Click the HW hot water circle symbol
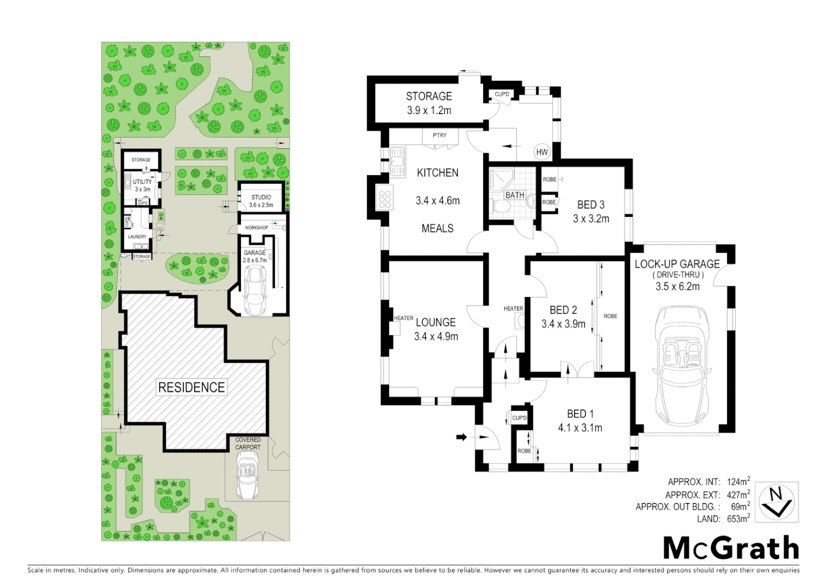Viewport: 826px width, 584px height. pyautogui.click(x=542, y=152)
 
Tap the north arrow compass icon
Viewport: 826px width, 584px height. pyautogui.click(x=776, y=502)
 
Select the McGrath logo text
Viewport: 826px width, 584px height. pyautogui.click(x=731, y=548)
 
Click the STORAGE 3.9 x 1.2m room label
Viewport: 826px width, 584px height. pyautogui.click(x=429, y=103)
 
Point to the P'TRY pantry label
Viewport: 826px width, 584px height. pyautogui.click(x=439, y=135)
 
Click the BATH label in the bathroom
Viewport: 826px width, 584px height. pyautogui.click(x=515, y=195)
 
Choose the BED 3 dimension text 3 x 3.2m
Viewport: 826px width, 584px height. pyautogui.click(x=591, y=219)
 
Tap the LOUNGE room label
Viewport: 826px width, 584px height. pyautogui.click(x=436, y=322)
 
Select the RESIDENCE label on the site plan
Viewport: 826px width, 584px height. pyautogui.click(x=191, y=387)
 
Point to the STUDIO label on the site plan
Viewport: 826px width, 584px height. pyautogui.click(x=261, y=197)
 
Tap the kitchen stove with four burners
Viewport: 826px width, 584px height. pyautogui.click(x=385, y=198)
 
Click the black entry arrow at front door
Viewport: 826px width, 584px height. pyautogui.click(x=462, y=437)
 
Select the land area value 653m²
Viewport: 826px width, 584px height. pyautogui.click(x=738, y=519)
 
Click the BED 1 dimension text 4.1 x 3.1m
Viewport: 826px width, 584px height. pyautogui.click(x=580, y=428)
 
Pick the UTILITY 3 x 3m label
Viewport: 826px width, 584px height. pyautogui.click(x=142, y=185)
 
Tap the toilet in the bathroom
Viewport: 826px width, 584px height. pyautogui.click(x=500, y=206)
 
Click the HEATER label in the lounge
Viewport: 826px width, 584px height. pyautogui.click(x=403, y=318)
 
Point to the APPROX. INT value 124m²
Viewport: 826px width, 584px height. pyautogui.click(x=738, y=482)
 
